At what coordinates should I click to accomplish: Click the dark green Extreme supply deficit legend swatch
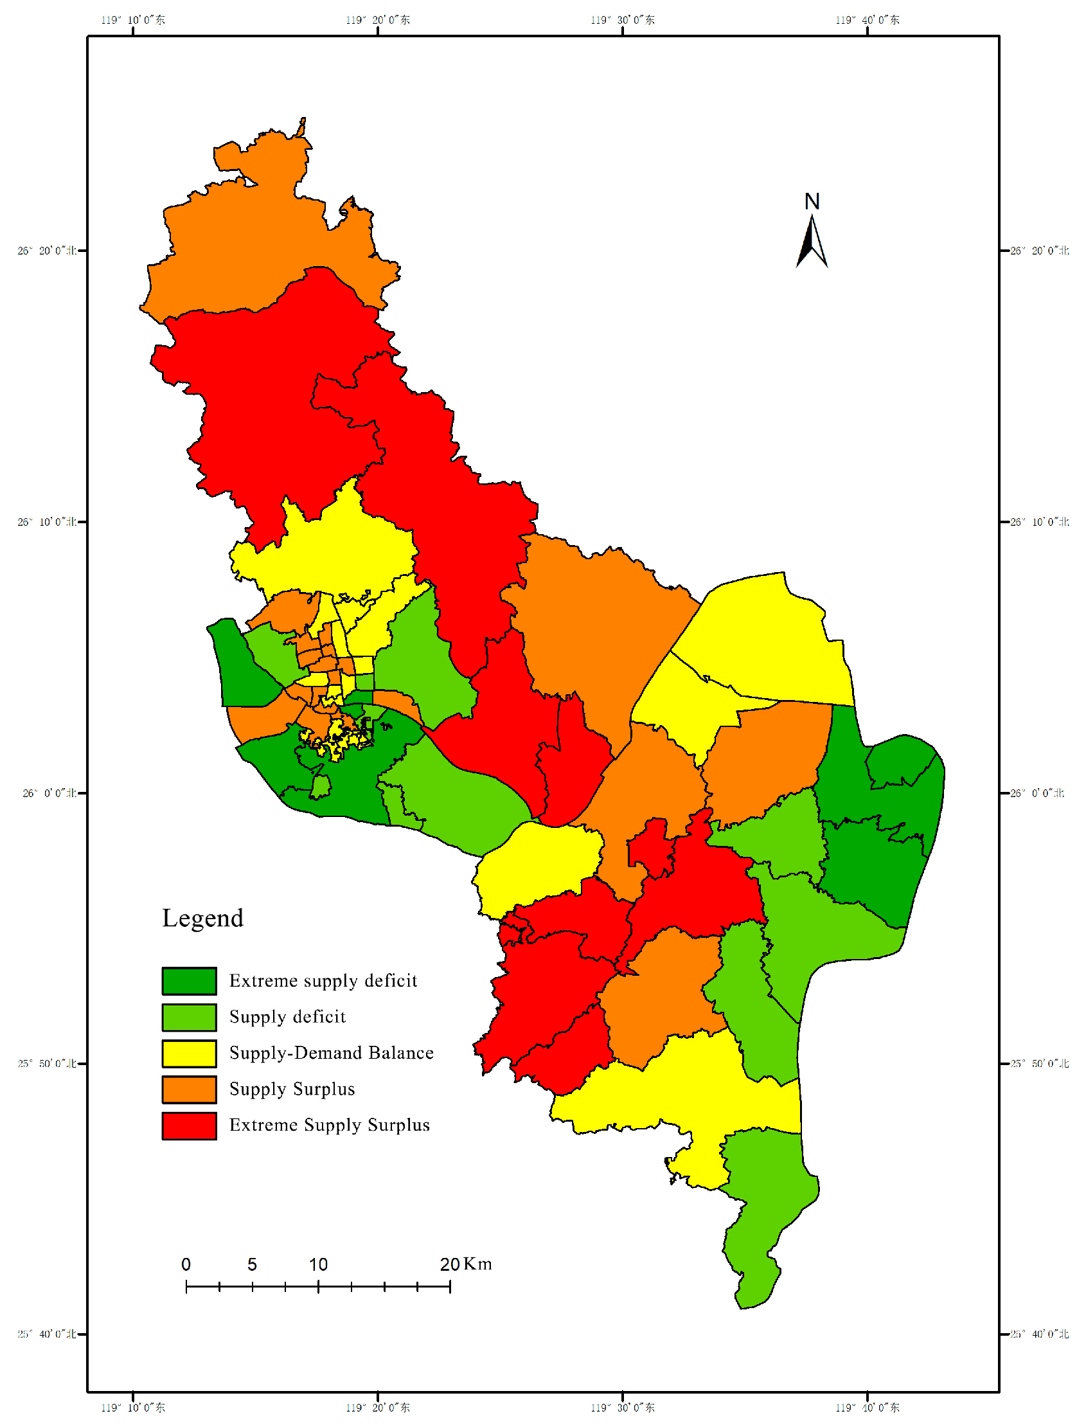point(189,980)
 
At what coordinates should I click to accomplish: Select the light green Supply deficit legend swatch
point(189,1016)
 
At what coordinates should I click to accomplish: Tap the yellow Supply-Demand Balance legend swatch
point(189,1053)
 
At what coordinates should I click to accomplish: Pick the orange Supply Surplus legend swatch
point(189,1089)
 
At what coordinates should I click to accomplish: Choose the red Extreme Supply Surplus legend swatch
point(189,1125)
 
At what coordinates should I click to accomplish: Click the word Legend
point(202,918)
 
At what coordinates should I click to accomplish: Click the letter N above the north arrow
point(812,202)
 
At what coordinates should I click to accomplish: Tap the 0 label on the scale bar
point(186,1264)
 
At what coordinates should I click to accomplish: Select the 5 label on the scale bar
point(252,1264)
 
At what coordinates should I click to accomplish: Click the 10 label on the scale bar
point(318,1264)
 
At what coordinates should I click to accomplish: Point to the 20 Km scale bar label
point(465,1264)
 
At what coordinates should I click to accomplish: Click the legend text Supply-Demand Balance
point(331,1053)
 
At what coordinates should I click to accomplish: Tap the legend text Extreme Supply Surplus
point(329,1125)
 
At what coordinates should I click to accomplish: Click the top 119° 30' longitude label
point(622,20)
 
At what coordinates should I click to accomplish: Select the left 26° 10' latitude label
point(46,522)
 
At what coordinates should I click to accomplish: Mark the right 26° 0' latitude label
point(1037,793)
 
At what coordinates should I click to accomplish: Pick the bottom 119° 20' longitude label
point(377,1408)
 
